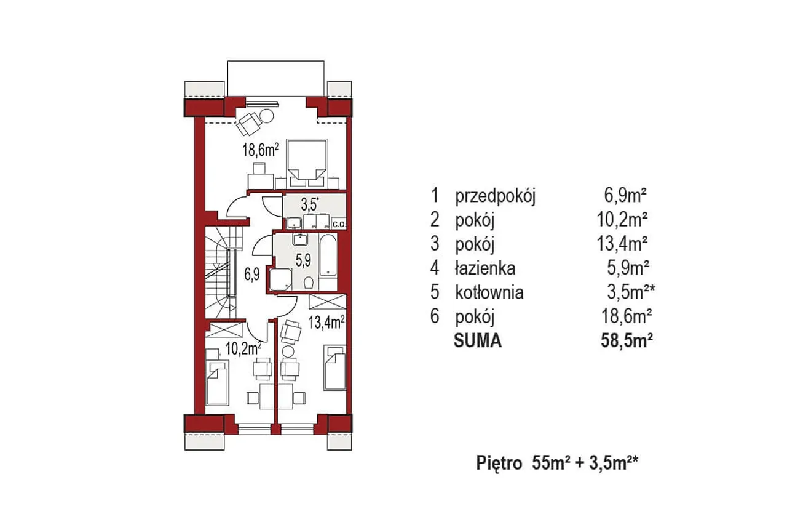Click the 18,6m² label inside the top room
coord(260,151)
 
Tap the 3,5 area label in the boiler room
coord(309,205)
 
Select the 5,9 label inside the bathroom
coord(303,260)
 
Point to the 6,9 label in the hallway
coord(252,274)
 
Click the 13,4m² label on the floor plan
coord(326,322)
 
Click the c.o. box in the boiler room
coord(339,223)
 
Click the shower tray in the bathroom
coord(281,279)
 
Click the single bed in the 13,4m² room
coord(334,367)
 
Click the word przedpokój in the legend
coord(496,196)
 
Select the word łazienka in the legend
coord(485,268)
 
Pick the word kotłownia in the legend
coord(489,292)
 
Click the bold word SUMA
coord(478,340)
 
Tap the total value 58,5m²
coord(627,340)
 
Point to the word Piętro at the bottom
coord(499,463)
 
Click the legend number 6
coord(435,316)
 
